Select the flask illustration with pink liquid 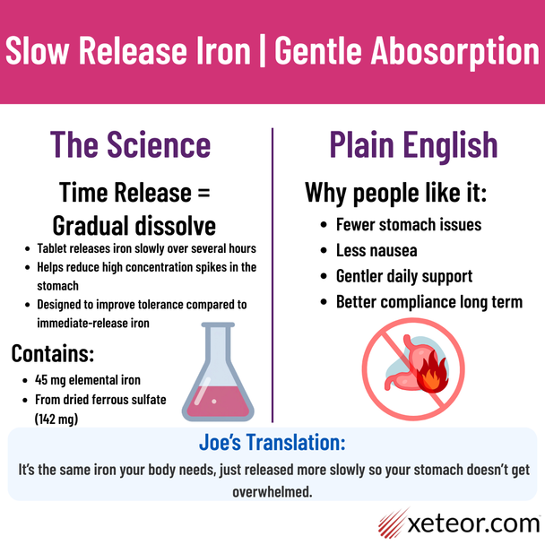pyautogui.click(x=216, y=374)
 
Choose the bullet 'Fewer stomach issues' pyautogui.click(x=409, y=225)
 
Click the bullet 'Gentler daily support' pyautogui.click(x=403, y=275)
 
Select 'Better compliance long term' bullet pyautogui.click(x=428, y=301)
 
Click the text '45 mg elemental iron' pyautogui.click(x=89, y=380)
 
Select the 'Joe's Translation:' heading pyautogui.click(x=272, y=443)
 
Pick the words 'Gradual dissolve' pyautogui.click(x=134, y=223)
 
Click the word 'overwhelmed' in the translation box pyautogui.click(x=272, y=490)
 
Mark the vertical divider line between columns pyautogui.click(x=272, y=269)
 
